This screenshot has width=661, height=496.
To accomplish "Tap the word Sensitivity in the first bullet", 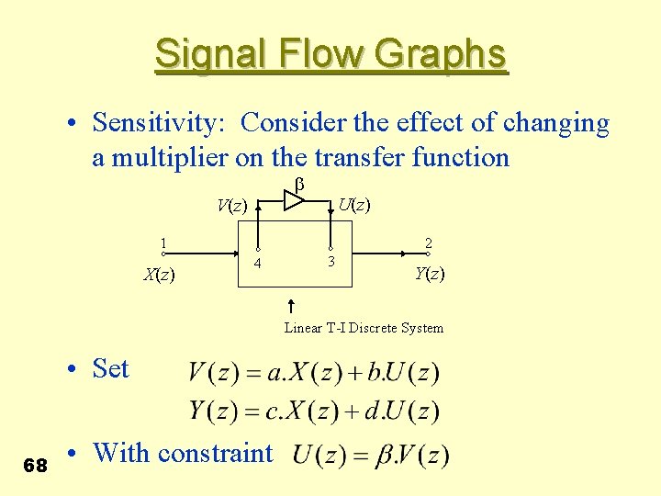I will [163, 123].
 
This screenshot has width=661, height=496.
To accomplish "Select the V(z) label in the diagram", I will [231, 205].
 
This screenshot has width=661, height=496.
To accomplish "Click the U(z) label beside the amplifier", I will [353, 204].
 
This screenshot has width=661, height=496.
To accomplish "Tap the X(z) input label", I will [160, 274].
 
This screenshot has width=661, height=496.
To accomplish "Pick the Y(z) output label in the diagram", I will [430, 273].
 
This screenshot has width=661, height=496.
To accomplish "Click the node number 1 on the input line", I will [162, 244].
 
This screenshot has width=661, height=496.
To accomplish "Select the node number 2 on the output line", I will [428, 244].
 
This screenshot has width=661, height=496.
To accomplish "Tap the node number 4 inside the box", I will [258, 265].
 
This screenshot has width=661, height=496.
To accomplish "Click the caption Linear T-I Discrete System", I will [364, 328].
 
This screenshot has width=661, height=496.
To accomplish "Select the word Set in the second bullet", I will [111, 368].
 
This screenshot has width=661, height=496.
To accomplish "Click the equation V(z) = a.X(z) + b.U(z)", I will [314, 373].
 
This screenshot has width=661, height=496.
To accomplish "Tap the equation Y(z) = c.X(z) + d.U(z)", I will [314, 410].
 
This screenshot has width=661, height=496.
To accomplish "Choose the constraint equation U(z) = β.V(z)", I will [371, 454].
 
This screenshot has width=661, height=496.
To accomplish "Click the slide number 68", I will [36, 466].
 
